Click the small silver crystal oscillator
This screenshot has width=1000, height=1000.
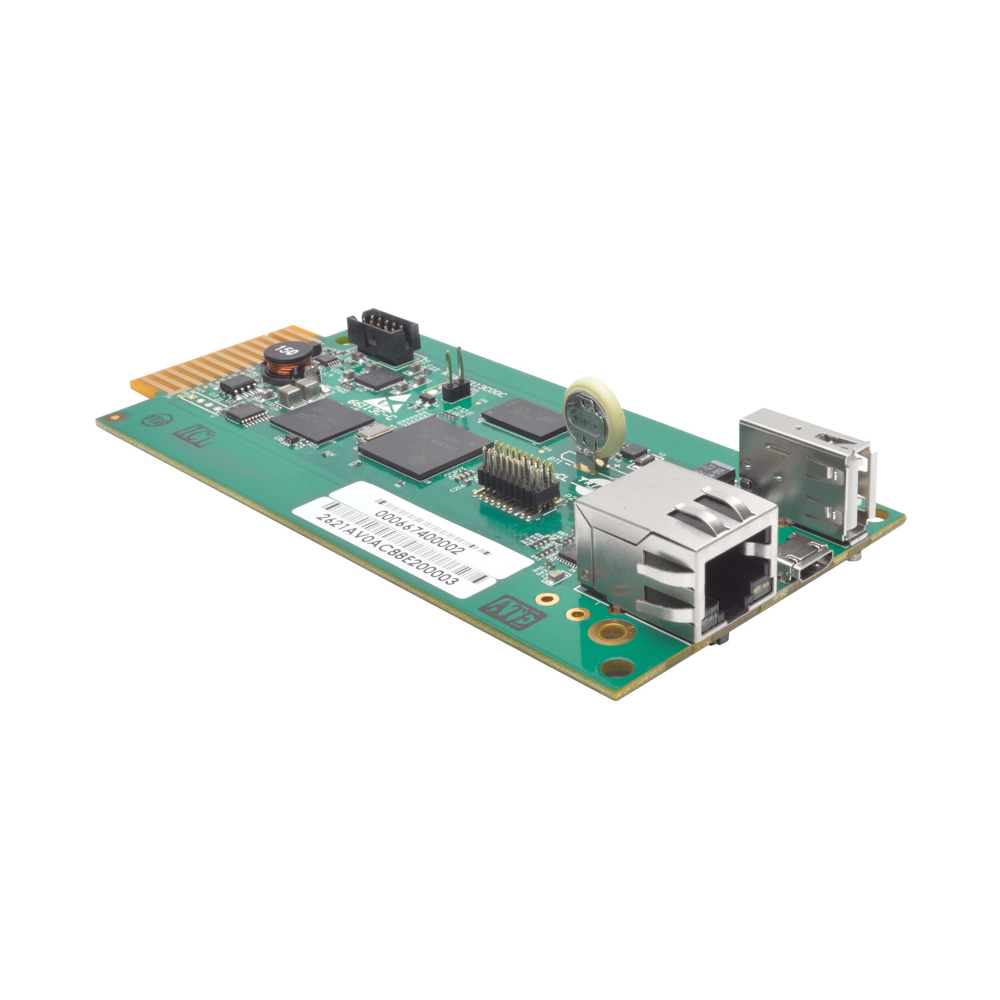tap(375, 431)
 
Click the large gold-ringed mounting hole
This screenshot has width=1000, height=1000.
tap(613, 632)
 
